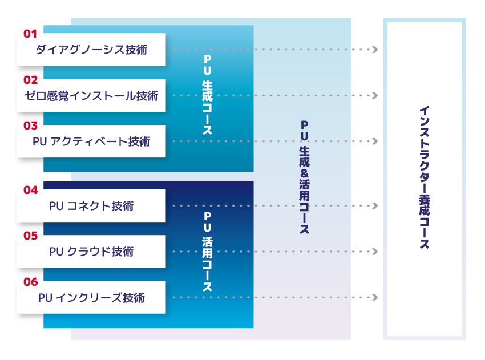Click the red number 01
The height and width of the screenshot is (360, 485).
point(30,34)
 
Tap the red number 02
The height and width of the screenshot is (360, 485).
point(30,80)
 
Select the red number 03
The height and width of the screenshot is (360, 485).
point(30,126)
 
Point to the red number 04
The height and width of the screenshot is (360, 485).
point(30,190)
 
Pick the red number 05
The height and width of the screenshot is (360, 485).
point(30,236)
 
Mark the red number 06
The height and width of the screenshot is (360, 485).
point(30,282)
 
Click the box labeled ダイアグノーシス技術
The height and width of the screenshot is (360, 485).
point(91,50)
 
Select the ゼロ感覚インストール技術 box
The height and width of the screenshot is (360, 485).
point(91,95)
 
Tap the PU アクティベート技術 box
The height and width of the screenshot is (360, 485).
point(91,141)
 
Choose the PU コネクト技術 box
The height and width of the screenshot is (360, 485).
point(91,205)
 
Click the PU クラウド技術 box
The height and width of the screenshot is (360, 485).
point(91,252)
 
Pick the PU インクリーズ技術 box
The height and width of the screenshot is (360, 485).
point(91,297)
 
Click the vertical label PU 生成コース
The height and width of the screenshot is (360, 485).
point(207,95)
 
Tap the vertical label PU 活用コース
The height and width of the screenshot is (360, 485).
point(207,252)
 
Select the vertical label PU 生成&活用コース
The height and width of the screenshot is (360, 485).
point(304,177)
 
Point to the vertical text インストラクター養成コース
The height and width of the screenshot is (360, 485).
point(425,177)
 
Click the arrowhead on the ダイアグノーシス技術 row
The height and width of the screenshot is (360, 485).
point(375,50)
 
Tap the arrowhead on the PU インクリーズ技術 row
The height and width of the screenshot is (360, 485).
point(375,297)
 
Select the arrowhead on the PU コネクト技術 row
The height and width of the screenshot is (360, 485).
point(375,205)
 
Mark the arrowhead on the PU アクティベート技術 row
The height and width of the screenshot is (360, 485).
point(375,141)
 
